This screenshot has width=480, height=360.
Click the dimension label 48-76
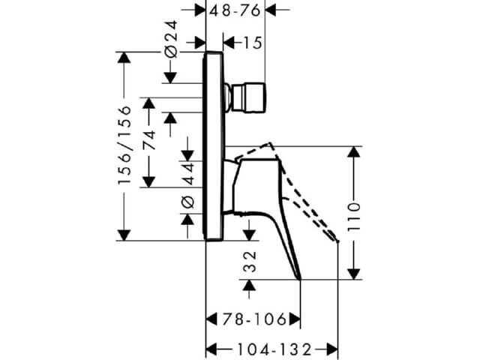coord(235,10)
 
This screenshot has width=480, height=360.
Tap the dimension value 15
coord(253,43)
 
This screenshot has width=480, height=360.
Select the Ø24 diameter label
coord(171,39)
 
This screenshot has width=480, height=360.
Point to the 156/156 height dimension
coord(124,145)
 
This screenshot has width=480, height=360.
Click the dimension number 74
coord(149,140)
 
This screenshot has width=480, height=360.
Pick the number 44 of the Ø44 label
coord(188,173)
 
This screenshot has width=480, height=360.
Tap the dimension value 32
coord(250,262)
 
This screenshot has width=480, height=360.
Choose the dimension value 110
coord(354,216)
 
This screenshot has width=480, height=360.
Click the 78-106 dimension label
coord(254,319)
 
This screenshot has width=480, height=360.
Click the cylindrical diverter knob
coord(248,97)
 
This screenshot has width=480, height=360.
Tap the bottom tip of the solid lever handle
coord(300,279)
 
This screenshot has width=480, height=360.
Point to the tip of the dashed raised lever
coord(338,241)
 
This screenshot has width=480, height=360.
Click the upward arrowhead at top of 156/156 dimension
coord(124,57)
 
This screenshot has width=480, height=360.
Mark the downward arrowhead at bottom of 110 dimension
coord(354,274)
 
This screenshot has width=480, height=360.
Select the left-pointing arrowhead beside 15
coord(229,43)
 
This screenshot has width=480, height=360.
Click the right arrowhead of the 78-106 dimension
coord(295,319)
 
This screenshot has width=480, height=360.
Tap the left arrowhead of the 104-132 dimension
coord(211,349)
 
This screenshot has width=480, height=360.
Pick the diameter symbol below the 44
coord(188,202)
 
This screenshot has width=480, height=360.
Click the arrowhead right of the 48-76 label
coord(271,10)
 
